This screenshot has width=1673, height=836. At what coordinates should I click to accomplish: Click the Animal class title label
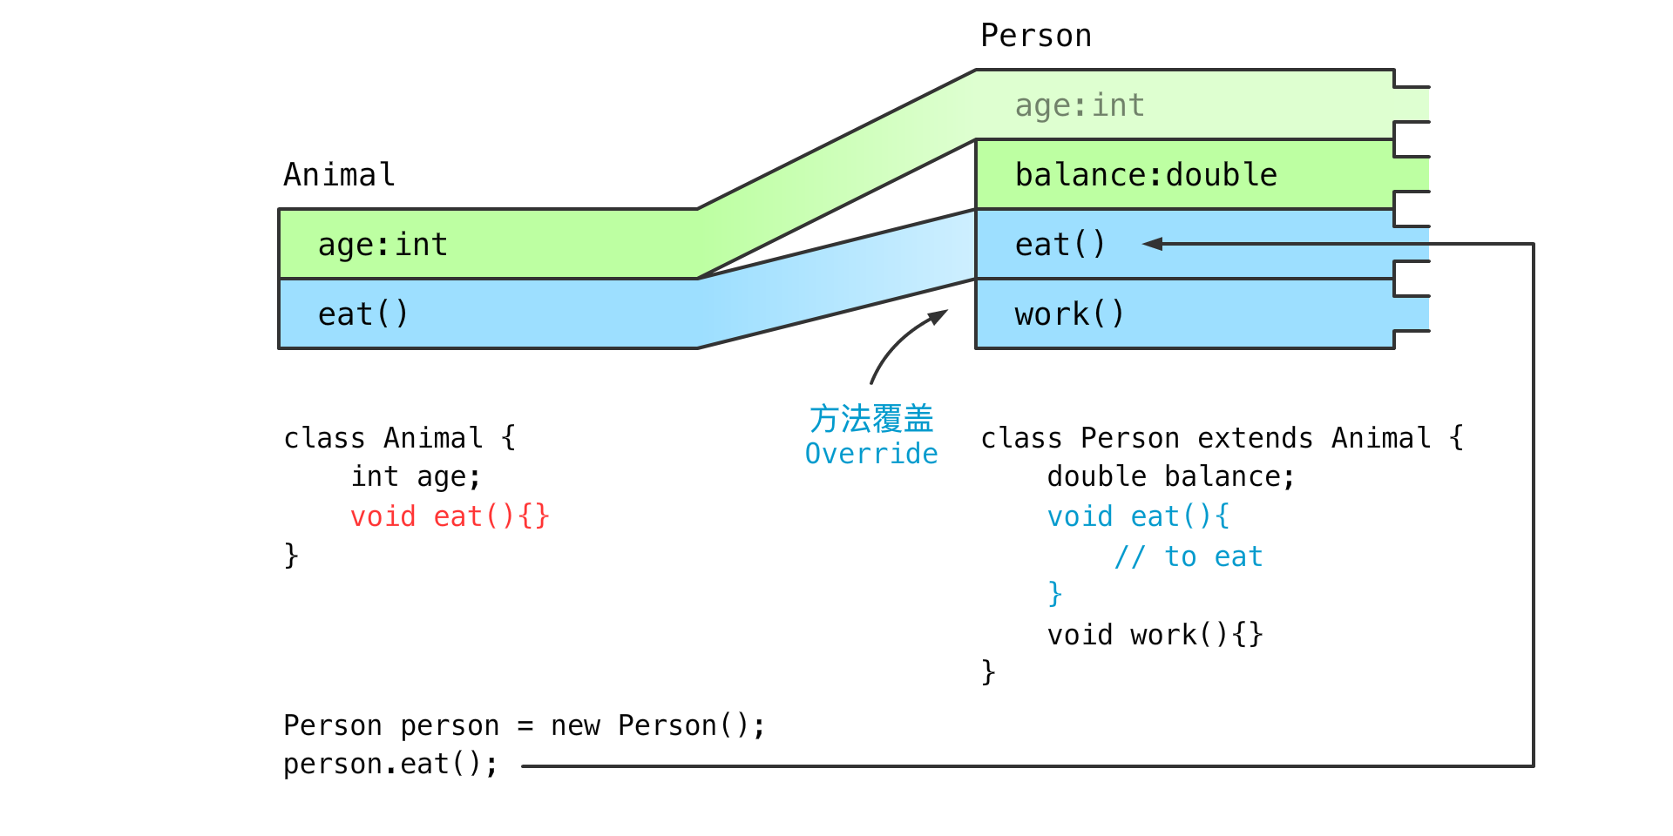pos(339,175)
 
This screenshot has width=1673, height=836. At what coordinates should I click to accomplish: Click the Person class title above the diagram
pos(1036,36)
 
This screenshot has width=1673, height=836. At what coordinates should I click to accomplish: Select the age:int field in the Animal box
pos(383,245)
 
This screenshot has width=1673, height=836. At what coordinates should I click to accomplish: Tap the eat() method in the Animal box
pos(363,313)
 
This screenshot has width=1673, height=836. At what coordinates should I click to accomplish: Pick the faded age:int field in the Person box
pos(1080,105)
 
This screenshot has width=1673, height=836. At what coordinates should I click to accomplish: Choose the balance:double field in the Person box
pos(1146,175)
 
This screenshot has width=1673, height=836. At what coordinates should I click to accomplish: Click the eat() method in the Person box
pos(1060,244)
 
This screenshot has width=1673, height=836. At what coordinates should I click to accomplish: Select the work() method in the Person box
pos(1069,313)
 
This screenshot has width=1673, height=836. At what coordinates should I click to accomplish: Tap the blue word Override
pos(871,454)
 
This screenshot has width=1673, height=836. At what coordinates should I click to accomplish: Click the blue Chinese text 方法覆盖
pos(871,419)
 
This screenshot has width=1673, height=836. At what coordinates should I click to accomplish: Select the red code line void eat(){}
pos(450,516)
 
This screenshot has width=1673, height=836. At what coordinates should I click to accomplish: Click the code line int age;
pos(416,477)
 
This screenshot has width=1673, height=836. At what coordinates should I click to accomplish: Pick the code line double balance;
pos(1171,476)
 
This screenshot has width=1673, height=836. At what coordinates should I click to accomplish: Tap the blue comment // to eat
pos(1189,556)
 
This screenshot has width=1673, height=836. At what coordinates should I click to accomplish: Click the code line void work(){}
pos(1155,635)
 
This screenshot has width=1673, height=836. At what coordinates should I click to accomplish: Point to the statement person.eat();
pos(390,764)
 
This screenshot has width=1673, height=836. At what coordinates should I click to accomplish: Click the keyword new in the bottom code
pos(575,725)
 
